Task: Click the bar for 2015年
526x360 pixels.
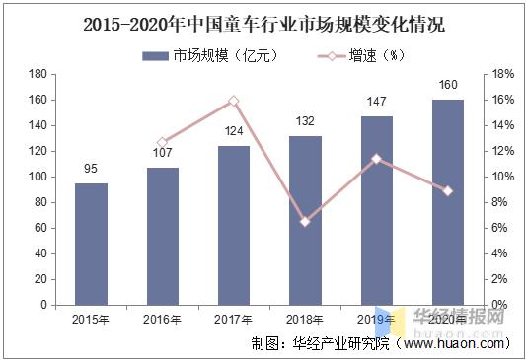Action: coord(91,244)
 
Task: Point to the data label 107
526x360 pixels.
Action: coord(162,154)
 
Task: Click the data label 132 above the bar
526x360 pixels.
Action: coord(305,121)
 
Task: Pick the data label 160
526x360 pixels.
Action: coord(447,85)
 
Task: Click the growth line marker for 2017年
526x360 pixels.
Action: coord(234,101)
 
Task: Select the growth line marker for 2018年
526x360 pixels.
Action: coord(305,222)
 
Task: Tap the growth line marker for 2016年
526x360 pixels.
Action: coord(162,142)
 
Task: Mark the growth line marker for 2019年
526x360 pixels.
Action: coord(376,158)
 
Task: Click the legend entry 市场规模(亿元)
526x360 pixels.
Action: coord(207,55)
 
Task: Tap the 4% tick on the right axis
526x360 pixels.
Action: coord(500,253)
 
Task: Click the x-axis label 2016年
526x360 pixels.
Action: coord(162,319)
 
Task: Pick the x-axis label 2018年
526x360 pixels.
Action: coord(305,319)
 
